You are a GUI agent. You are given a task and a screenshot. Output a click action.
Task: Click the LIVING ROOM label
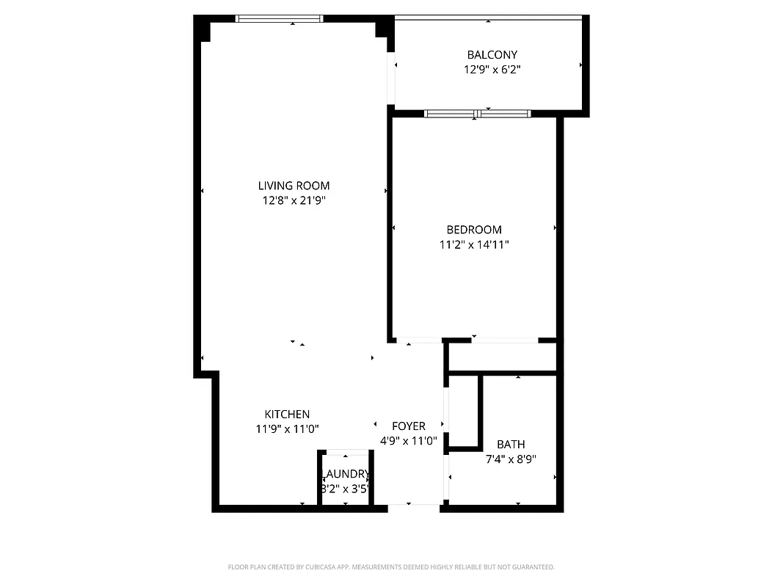click(294, 186)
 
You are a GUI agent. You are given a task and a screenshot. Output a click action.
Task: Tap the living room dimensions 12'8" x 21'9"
click(294, 200)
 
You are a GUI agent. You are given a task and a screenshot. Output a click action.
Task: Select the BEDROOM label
click(474, 230)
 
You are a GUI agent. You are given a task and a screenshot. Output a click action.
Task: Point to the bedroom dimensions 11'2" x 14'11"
click(474, 244)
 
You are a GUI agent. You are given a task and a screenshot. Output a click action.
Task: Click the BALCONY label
click(492, 55)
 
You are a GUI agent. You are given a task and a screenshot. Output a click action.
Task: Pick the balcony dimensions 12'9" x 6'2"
click(492, 70)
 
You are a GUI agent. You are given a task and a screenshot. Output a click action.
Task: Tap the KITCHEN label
click(287, 415)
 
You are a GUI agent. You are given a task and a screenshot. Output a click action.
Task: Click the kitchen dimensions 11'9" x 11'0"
click(287, 429)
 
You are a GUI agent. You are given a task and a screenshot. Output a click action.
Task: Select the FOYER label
click(409, 426)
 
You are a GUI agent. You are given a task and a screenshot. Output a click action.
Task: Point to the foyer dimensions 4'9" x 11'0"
click(409, 441)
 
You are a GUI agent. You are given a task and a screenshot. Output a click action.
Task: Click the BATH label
click(511, 445)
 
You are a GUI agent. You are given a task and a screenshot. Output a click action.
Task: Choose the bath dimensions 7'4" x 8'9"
click(511, 459)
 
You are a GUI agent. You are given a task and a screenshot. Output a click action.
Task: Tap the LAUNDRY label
click(345, 474)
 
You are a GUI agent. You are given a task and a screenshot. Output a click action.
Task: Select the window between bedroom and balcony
click(477, 114)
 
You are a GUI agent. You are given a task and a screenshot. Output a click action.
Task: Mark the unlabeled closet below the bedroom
click(502, 358)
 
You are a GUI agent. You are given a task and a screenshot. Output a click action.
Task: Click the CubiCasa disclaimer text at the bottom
click(391, 567)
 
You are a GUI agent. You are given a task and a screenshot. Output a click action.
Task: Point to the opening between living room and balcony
click(392, 77)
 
